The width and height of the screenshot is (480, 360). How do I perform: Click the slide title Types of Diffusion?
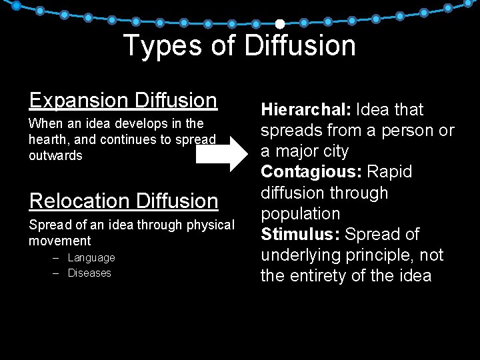pyautogui.click(x=239, y=45)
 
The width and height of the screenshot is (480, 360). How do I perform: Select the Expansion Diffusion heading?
pyautogui.click(x=123, y=100)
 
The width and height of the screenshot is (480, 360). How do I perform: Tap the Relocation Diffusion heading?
pyautogui.click(x=123, y=201)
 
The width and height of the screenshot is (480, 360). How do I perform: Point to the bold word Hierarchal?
pyautogui.click(x=306, y=109)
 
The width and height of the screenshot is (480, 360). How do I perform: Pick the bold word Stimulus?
pyautogui.click(x=300, y=235)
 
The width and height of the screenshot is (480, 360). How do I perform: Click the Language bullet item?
pyautogui.click(x=91, y=257)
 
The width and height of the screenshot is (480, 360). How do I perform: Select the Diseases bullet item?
pyautogui.click(x=89, y=273)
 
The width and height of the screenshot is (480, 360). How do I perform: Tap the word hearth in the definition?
pyautogui.click(x=46, y=140)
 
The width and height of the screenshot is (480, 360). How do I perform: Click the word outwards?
pyautogui.click(x=55, y=156)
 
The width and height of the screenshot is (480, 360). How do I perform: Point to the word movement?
pyautogui.click(x=59, y=241)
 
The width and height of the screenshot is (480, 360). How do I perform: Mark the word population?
pyautogui.click(x=300, y=214)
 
